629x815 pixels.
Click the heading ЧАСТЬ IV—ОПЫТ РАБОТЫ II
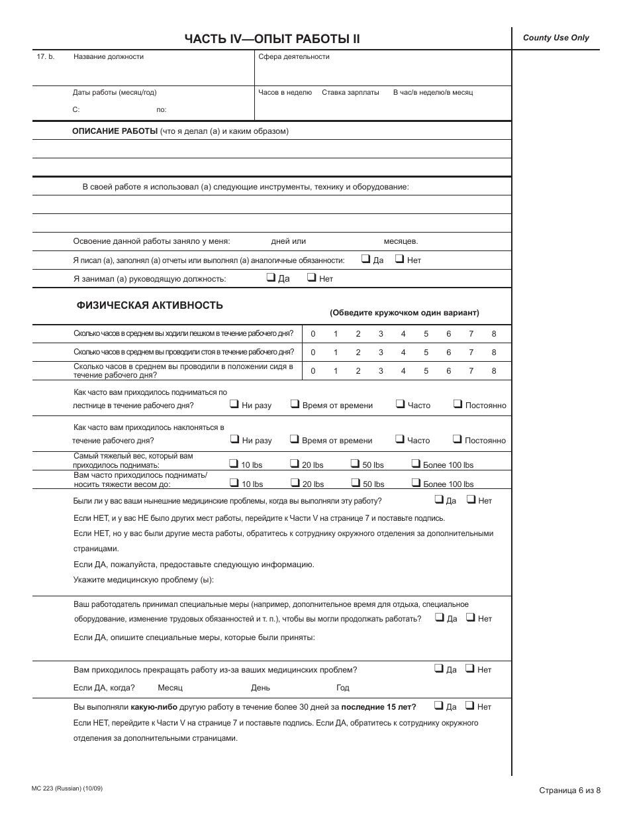pos(272,39)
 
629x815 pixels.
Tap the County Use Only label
pos(556,38)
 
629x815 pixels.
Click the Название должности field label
pos(108,57)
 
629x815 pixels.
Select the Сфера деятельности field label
pos(293,57)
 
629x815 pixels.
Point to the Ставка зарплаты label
pos(350,93)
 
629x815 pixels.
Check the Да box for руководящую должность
pos(271,278)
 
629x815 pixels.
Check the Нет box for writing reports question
pos(399,260)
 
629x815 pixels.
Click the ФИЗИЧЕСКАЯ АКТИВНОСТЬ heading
pos(150,305)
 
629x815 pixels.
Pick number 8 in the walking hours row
pos(493,334)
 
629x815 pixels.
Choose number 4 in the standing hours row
pos(403,353)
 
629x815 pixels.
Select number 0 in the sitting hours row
pos(313,371)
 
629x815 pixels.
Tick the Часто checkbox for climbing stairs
pos(400,404)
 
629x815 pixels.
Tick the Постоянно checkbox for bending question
pos(457,439)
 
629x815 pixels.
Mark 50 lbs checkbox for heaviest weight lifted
pos(355,464)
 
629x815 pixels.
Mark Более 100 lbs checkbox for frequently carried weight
pos(416,483)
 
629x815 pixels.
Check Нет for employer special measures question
pos(470,618)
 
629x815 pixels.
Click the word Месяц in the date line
pos(169,688)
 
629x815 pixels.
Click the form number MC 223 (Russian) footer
pos(67,788)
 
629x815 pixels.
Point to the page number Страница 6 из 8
pos(570,790)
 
